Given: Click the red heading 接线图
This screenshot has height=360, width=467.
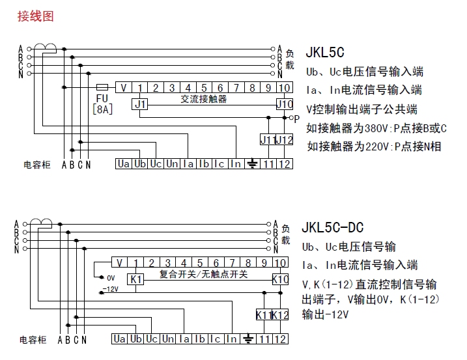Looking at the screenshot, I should (35, 16).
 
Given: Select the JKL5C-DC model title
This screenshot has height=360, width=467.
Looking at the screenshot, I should (333, 228).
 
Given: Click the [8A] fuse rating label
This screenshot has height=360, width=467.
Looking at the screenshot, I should (102, 109).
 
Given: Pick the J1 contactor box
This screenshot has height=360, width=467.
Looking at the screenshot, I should (140, 104).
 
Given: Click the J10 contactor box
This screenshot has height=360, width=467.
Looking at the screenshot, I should (284, 104).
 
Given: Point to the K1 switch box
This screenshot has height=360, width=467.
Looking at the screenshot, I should (135, 279).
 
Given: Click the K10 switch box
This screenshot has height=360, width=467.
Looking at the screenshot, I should (280, 279).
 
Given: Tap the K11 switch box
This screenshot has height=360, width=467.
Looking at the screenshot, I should (264, 315).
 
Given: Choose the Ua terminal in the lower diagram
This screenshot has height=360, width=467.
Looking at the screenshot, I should (119, 339).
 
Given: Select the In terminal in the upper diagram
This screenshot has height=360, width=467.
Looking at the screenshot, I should (235, 163).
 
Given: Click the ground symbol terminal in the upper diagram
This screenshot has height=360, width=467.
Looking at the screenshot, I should (252, 163).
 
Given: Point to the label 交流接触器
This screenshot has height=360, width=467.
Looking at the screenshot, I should (203, 100).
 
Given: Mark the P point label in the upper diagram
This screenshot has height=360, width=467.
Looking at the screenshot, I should (296, 118).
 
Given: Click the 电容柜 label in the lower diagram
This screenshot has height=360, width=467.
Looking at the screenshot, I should (33, 340).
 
